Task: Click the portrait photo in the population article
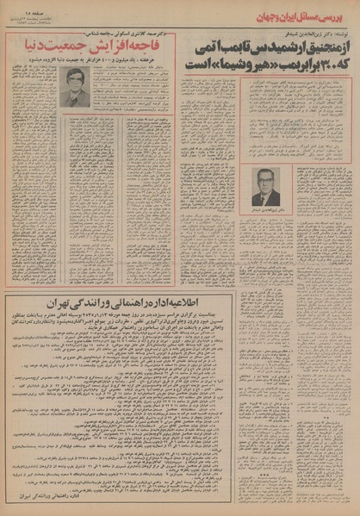coord(77,86)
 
